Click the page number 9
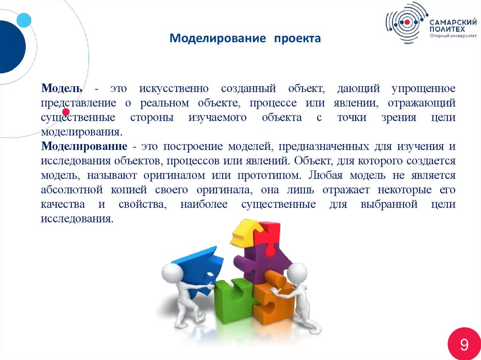click(464, 345)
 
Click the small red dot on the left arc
click(66, 112)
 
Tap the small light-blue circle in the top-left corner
click(23, 20)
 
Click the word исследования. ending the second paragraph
click(77, 219)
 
